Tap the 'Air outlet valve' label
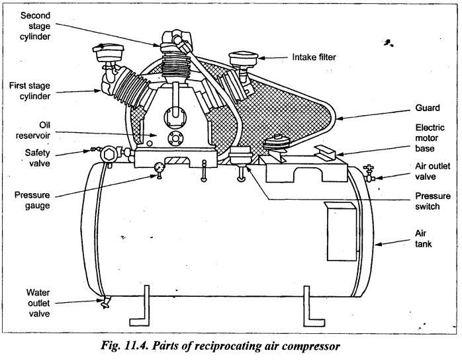pos(431,176)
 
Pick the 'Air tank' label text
pos(423,238)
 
